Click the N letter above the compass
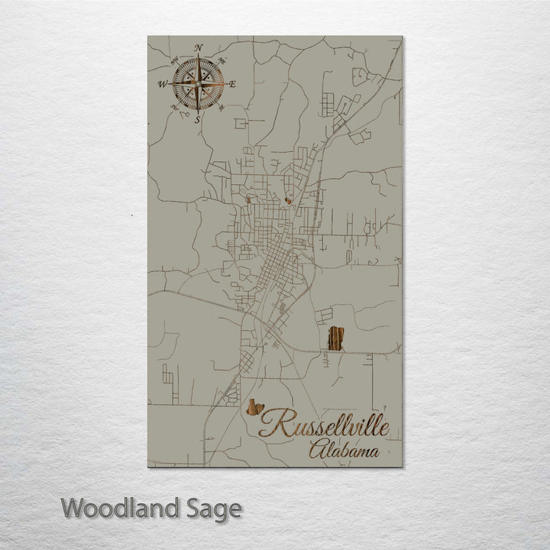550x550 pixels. [x=199, y=48]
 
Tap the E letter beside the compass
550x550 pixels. [x=232, y=82]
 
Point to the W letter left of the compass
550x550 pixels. [x=163, y=83]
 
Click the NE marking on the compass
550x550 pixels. [x=222, y=59]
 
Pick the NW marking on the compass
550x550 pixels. [x=175, y=60]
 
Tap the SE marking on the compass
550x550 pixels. [x=222, y=106]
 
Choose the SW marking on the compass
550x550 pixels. [x=175, y=107]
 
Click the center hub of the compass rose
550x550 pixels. [x=199, y=82]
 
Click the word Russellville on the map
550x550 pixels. [x=325, y=425]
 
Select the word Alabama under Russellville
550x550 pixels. [x=344, y=451]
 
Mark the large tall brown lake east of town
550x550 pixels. [x=335, y=337]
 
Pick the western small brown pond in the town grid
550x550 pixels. [x=248, y=200]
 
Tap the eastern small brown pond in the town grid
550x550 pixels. [x=288, y=202]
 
